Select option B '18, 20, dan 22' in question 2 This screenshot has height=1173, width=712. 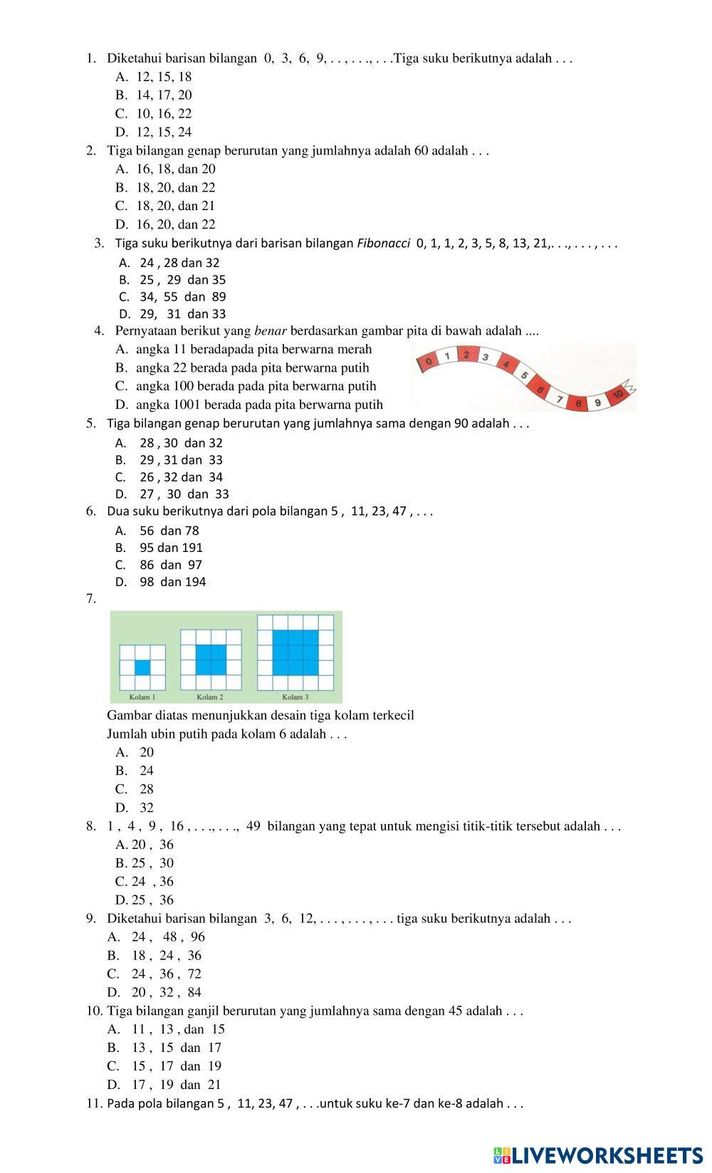(x=165, y=187)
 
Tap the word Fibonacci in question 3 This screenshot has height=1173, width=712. (x=383, y=244)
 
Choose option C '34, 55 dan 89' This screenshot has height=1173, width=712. (x=172, y=297)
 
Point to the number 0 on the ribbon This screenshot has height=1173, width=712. (x=428, y=362)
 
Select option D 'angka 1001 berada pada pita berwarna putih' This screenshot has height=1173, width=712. (x=249, y=405)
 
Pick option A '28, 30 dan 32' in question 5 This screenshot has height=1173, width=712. (x=171, y=442)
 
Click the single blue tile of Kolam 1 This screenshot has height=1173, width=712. (x=142, y=667)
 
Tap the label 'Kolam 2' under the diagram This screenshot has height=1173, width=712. (x=210, y=697)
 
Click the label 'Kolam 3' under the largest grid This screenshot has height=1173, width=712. (x=295, y=697)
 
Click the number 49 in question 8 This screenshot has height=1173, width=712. (x=253, y=826)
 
